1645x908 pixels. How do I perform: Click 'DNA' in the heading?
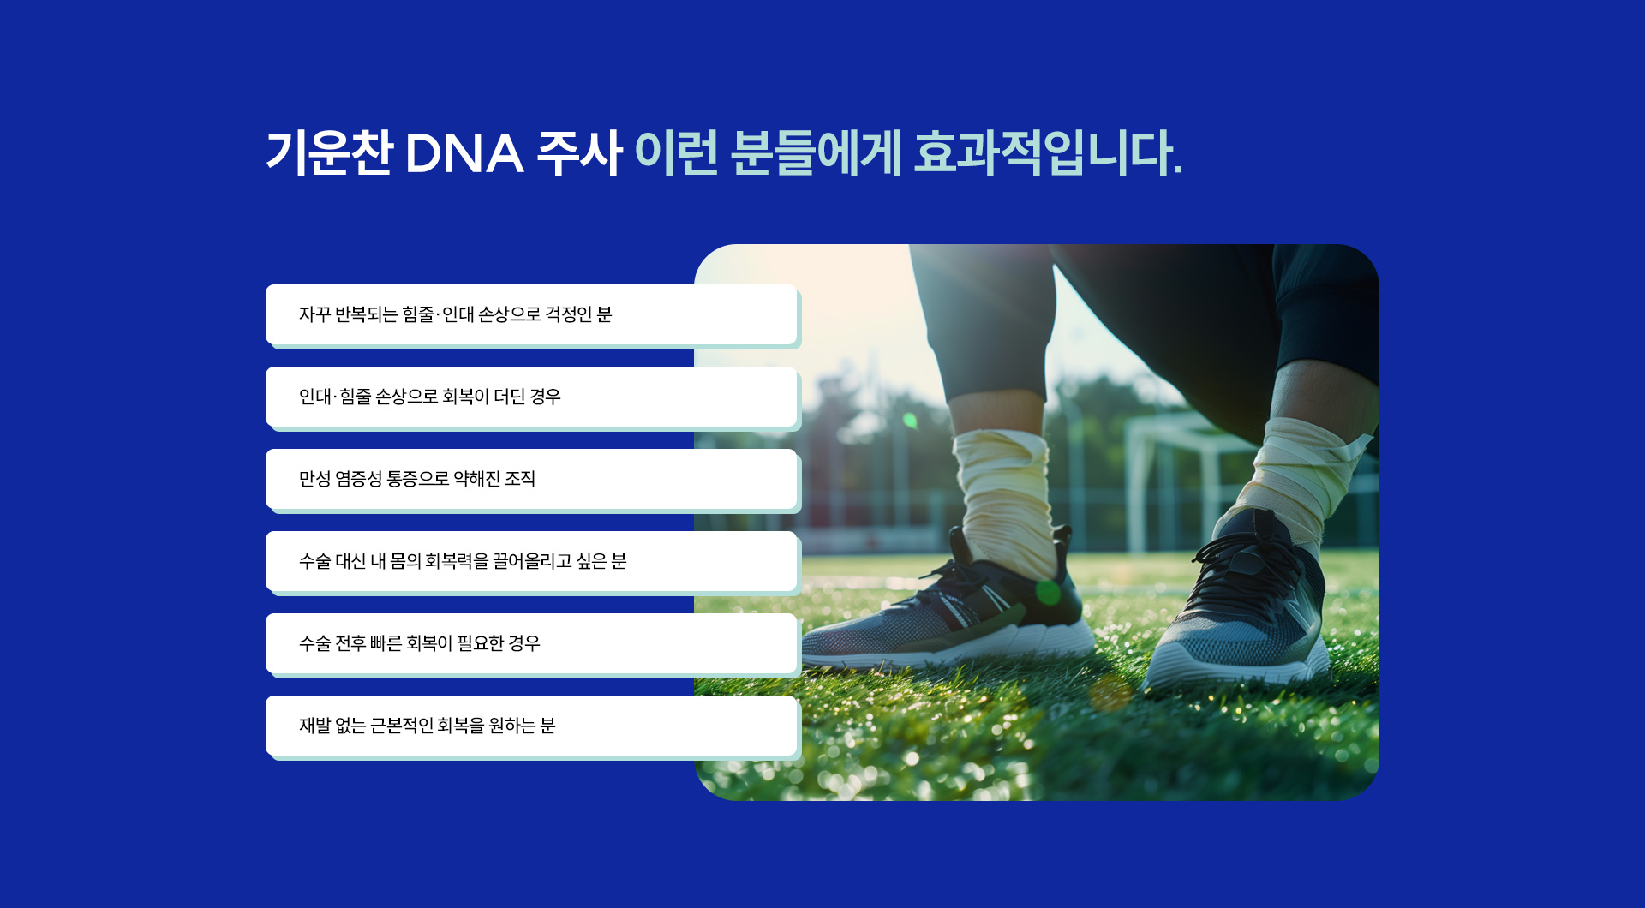pos(464,154)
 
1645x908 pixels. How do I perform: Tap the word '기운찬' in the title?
pos(329,154)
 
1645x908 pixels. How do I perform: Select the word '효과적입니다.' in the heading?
pos(1047,154)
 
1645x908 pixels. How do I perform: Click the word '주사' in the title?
pos(578,154)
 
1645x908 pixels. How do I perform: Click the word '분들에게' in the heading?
pos(816,154)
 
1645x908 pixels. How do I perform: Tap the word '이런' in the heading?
pos(676,154)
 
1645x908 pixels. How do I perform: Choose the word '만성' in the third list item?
pos(314,479)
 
